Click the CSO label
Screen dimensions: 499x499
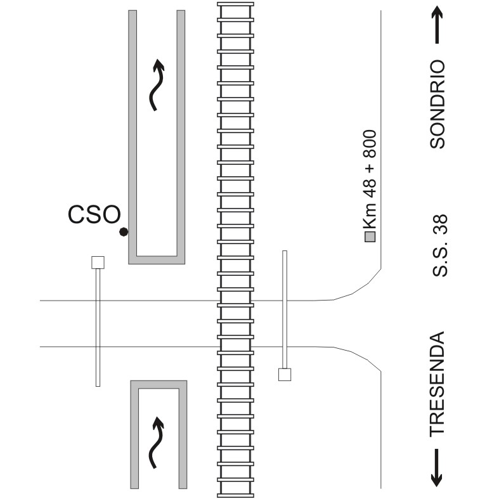(94, 214)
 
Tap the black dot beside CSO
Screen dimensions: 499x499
(124, 232)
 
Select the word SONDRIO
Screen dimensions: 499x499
(437, 104)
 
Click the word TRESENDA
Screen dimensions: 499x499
(437, 384)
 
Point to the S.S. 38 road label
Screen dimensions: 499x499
(440, 245)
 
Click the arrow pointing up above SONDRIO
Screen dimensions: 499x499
(437, 25)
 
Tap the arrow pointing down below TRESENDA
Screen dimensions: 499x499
(436, 468)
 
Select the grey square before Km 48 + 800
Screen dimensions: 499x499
(370, 237)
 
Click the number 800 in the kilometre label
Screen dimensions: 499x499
(370, 144)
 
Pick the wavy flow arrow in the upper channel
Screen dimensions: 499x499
(157, 85)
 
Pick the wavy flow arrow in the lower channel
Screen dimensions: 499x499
(157, 443)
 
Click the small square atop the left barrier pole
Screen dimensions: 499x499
(98, 262)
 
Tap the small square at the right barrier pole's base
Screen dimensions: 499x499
(285, 375)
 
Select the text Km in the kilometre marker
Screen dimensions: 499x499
(370, 216)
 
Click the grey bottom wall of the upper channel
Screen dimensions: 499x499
(157, 260)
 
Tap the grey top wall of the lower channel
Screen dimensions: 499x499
(159, 384)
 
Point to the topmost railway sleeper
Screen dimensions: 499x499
(235, 4)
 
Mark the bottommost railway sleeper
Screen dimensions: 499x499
(235, 495)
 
